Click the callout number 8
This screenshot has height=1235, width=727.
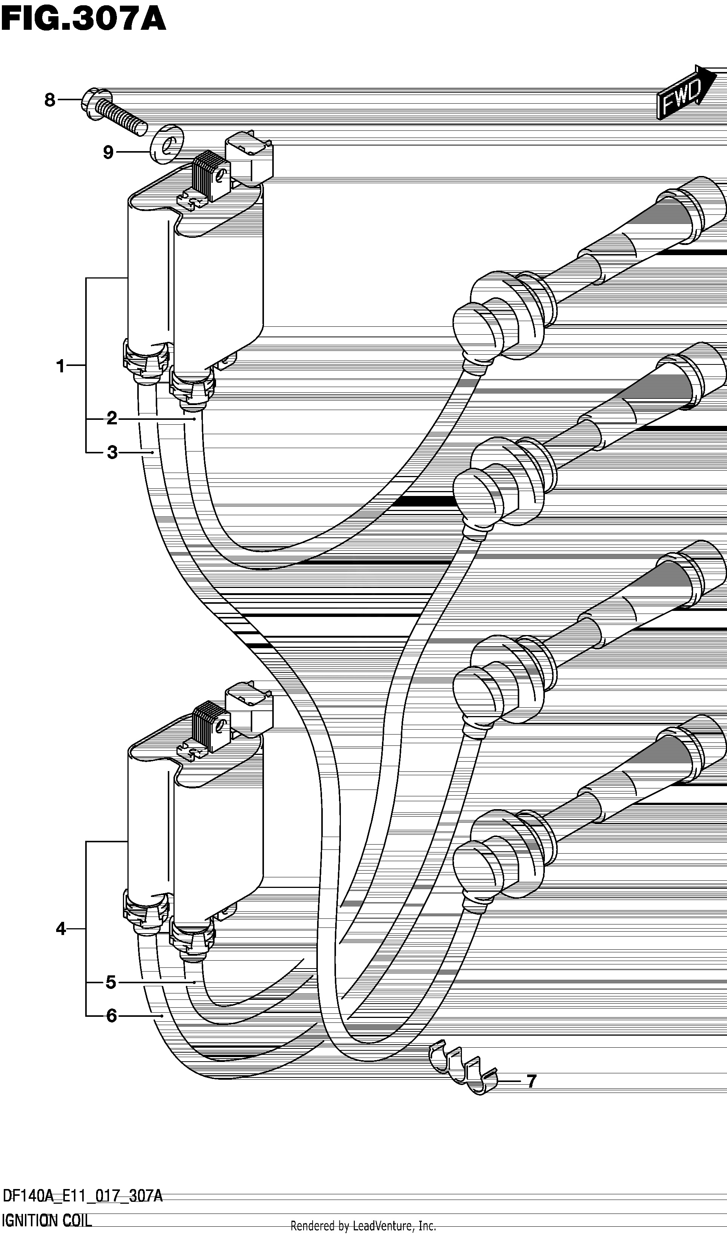49,100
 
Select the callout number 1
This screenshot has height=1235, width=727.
60,366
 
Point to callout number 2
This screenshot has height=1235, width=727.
112,419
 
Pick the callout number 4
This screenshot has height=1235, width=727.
61,928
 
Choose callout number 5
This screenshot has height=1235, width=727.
111,982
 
